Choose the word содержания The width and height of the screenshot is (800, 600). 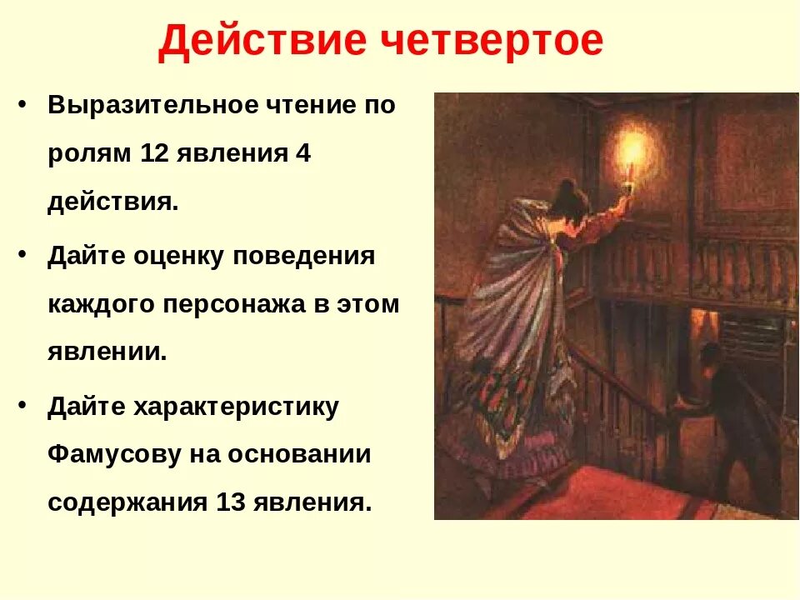[126, 502]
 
